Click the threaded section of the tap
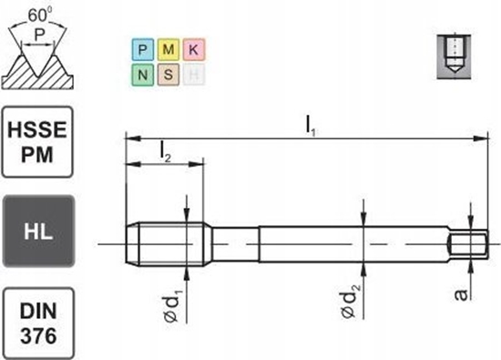[159, 243]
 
